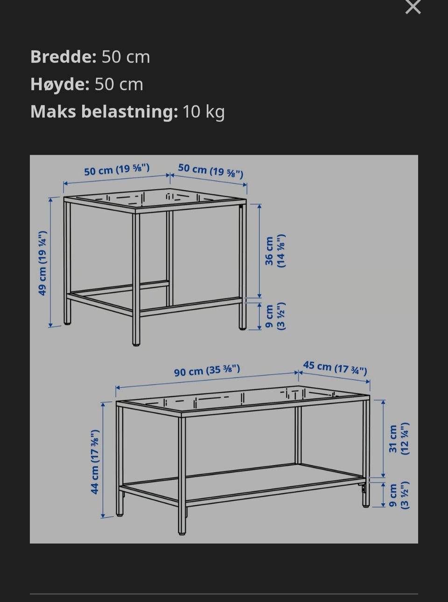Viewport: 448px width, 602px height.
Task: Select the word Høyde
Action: click(60, 84)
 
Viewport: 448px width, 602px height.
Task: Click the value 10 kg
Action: click(203, 112)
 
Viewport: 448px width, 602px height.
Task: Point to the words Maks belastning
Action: click(104, 112)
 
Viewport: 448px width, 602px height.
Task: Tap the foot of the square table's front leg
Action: click(136, 344)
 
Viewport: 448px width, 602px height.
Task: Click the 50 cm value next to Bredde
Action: click(126, 57)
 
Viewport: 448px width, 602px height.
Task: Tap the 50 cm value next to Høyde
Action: click(119, 85)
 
